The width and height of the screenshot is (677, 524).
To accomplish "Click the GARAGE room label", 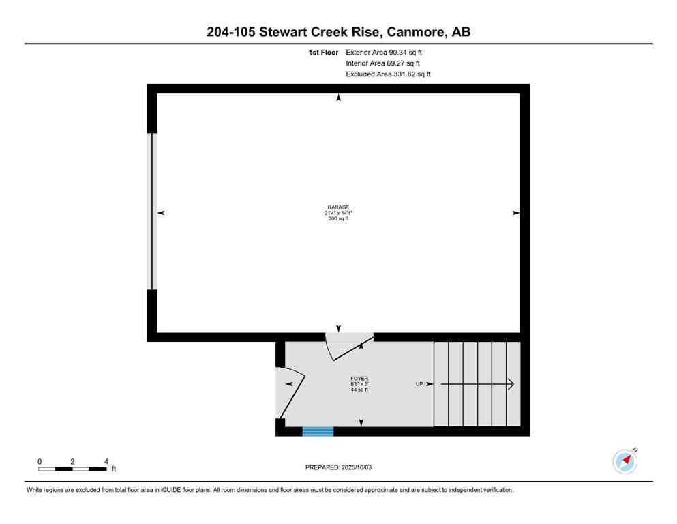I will [x=338, y=207].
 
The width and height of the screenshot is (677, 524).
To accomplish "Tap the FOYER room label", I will [x=359, y=378].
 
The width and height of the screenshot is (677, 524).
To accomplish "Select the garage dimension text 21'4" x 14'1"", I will [x=338, y=213].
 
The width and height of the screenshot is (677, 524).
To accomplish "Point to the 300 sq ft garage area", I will [x=338, y=218].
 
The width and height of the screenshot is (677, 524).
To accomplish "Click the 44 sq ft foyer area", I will [x=359, y=390].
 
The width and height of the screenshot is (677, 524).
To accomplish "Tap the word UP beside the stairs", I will [x=420, y=384].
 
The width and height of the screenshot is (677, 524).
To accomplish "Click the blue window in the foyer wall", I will [x=318, y=431].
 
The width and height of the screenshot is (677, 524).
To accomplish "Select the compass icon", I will [x=625, y=461].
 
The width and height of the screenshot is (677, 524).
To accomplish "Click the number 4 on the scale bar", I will [x=106, y=461].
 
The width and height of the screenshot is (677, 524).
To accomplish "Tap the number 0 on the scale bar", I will [x=40, y=461].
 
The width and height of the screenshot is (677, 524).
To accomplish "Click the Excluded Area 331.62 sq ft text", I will [x=388, y=74].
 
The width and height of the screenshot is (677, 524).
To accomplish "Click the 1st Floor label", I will [x=322, y=52].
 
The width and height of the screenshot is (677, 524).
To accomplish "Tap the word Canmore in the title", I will [x=417, y=31].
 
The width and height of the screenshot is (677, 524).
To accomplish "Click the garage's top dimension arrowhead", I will [x=339, y=98].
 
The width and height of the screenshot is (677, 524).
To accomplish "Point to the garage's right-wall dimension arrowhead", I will [x=516, y=213].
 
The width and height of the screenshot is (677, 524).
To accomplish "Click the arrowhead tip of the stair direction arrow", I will [x=511, y=385].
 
